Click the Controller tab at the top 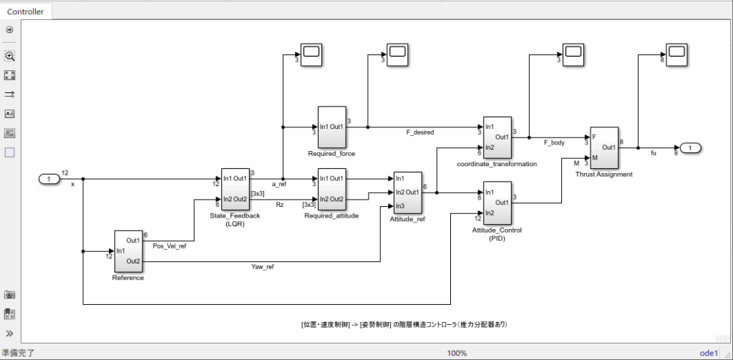(x=25, y=11)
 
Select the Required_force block (x=331, y=127)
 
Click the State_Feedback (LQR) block (x=235, y=188)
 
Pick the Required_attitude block (x=331, y=188)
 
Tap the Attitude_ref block (x=407, y=193)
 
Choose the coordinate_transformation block (x=497, y=137)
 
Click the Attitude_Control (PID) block (x=497, y=203)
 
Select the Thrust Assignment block (x=603, y=147)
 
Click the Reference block (x=128, y=250)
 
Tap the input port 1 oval (x=49, y=178)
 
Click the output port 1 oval (x=689, y=148)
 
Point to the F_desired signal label (x=419, y=132)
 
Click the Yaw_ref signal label (x=262, y=267)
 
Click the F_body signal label (x=554, y=142)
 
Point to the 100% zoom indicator (x=457, y=353)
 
